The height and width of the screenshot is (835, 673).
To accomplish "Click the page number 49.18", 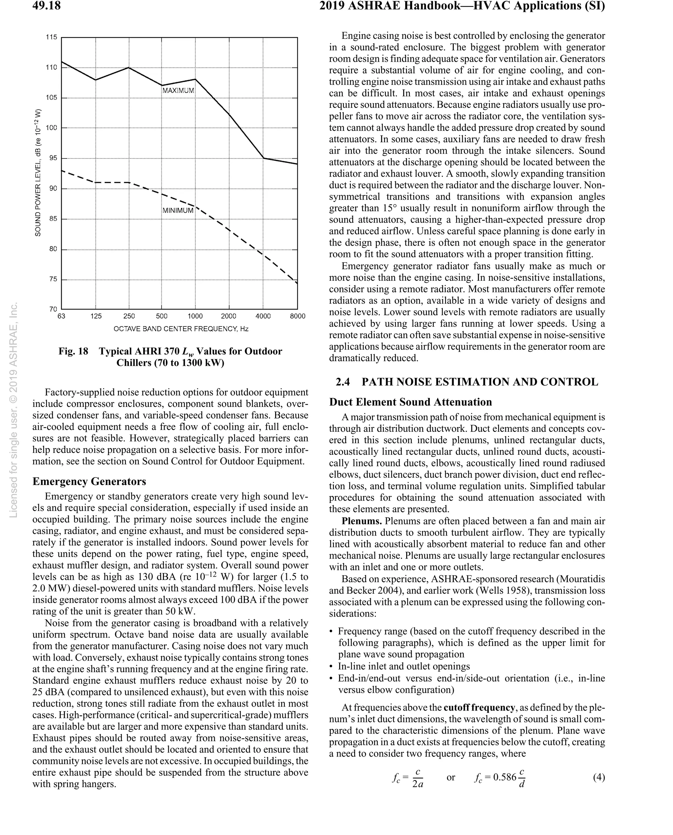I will [47, 6].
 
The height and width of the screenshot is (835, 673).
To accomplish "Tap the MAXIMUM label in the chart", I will [178, 91].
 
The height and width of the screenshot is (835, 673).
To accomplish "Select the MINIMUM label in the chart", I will [178, 211].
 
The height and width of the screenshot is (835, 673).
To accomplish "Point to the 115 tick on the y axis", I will [51, 37].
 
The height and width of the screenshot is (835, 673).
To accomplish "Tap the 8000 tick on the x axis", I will [297, 316].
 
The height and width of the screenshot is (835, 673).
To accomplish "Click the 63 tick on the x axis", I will [61, 316].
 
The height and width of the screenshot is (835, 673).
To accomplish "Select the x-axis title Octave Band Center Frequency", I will [181, 329].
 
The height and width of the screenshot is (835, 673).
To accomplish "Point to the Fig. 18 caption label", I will [73, 351].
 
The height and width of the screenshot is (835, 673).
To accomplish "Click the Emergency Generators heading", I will [89, 481].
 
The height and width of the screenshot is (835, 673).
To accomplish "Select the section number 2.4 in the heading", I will [343, 382].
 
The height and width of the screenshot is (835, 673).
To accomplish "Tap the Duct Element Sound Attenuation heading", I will [410, 402].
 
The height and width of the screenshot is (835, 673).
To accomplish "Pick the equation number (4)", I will [598, 777].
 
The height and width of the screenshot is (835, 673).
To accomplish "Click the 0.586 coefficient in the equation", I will [504, 777].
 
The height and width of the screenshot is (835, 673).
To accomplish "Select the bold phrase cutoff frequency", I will [479, 708].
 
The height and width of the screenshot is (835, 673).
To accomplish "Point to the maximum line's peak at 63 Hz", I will [62, 62].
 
